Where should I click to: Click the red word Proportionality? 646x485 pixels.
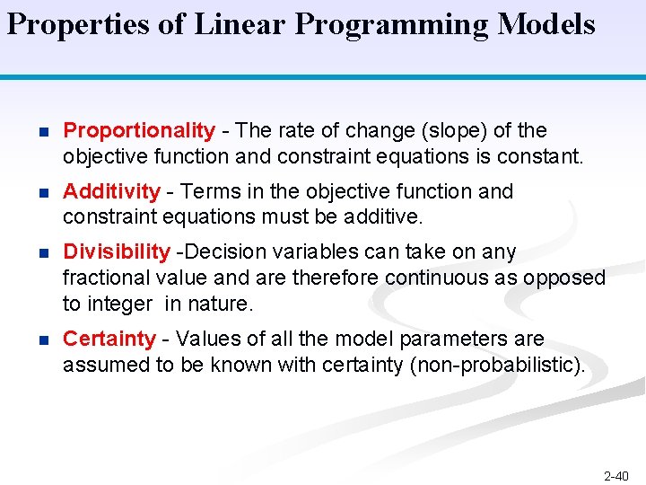(x=139, y=131)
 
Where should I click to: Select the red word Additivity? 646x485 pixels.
(x=111, y=191)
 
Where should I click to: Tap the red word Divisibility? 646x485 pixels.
(x=116, y=251)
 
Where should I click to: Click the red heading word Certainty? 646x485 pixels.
(x=109, y=339)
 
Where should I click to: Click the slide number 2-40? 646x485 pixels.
(x=616, y=475)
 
